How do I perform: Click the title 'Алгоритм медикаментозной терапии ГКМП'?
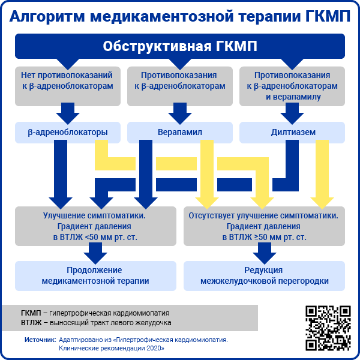pos(180,16)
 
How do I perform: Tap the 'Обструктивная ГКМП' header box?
pos(180,47)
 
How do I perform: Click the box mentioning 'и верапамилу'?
pos(292,86)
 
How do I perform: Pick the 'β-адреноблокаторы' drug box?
pos(68,131)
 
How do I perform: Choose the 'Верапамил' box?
pos(180,131)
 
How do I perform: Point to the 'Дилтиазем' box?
pos(292,131)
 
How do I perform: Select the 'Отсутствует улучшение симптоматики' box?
pos(264,226)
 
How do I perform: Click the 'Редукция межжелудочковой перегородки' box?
pos(264,275)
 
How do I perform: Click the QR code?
pos(328,327)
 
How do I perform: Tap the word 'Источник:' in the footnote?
pos(40,340)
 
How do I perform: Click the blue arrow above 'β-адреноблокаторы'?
pos(68,112)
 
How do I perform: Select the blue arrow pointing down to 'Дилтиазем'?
pos(292,112)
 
